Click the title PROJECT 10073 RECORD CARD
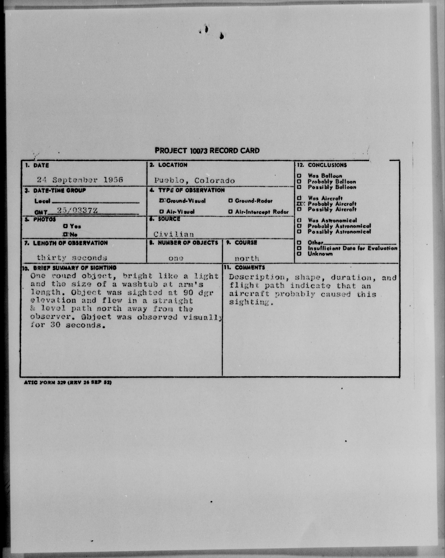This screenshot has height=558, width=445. tap(207, 151)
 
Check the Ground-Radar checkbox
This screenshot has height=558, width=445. tap(230, 201)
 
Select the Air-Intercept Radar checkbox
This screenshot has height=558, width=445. tap(230, 212)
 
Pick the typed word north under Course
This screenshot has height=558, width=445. tap(247, 258)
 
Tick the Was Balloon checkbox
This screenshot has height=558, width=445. tap(299, 176)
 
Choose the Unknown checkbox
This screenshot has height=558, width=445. tap(299, 254)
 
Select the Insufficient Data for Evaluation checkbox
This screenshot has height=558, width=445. tap(299, 248)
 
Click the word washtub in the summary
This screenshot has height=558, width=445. tap(140, 284)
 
